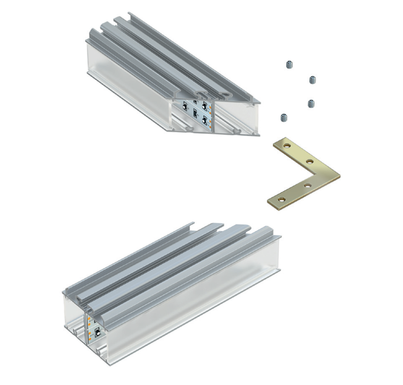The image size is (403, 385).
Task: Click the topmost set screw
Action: click(x=289, y=64)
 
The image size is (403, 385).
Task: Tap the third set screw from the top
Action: click(x=311, y=103)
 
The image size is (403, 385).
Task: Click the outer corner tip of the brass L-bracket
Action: click(x=339, y=177)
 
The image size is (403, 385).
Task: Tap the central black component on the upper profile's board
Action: click(x=194, y=113)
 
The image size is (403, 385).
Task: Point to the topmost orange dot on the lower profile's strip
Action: click(x=89, y=318)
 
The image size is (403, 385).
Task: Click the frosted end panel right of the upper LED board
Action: click(x=237, y=116)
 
